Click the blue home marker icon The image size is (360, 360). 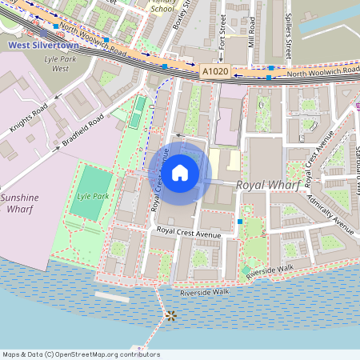tap(180, 172)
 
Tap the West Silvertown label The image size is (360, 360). tap(38, 46)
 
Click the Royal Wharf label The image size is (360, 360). tap(268, 185)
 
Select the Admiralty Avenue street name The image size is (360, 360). tap(327, 209)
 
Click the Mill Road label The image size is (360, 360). tap(252, 30)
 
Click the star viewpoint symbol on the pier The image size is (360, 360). tap(170, 315)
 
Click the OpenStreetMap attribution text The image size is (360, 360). tap(80, 354)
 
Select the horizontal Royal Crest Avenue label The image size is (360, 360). tap(189, 232)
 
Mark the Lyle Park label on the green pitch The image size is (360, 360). tap(93, 195)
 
